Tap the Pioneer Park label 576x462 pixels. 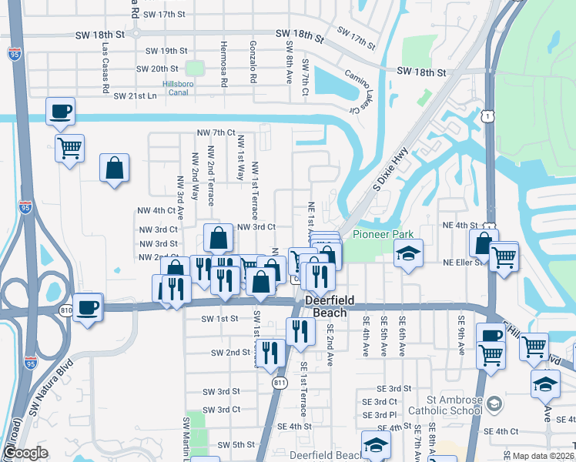(x=383, y=234)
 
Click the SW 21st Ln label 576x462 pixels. (x=135, y=96)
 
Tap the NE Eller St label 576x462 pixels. (x=462, y=262)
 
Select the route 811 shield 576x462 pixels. (x=280, y=381)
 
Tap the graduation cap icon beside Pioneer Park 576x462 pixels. (x=408, y=253)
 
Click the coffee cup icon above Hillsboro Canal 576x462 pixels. (x=59, y=111)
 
